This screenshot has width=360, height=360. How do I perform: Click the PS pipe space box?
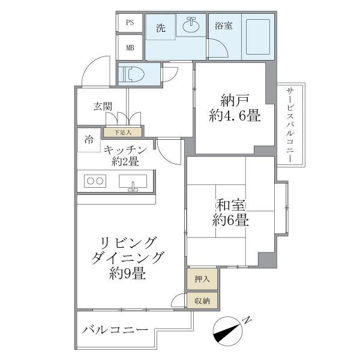click(x=130, y=23)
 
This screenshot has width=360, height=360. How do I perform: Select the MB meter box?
click(x=130, y=47)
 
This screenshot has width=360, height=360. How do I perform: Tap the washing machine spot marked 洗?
click(x=160, y=28)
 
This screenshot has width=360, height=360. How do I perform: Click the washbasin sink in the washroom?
click(x=192, y=25)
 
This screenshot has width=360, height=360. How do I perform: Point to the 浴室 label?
click(x=224, y=26)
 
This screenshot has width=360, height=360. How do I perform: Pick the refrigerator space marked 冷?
click(x=89, y=140)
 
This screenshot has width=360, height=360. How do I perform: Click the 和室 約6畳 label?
click(x=230, y=212)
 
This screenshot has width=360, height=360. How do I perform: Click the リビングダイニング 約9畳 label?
click(x=127, y=258)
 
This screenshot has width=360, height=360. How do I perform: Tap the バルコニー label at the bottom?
click(x=115, y=331)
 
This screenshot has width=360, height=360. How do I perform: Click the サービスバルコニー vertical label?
click(x=291, y=124)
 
